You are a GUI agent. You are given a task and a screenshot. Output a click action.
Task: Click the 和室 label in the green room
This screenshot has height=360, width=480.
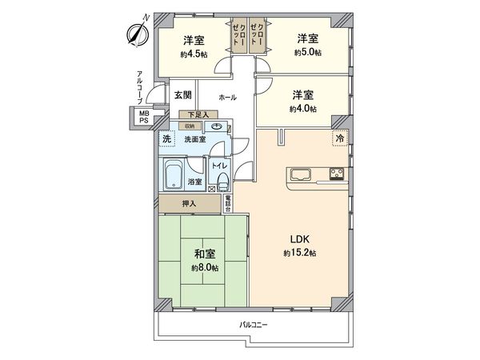(203, 254)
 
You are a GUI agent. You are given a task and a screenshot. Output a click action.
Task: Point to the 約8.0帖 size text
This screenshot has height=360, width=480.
(203, 268)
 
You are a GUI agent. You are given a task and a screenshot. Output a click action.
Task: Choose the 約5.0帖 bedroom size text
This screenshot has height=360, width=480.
(309, 53)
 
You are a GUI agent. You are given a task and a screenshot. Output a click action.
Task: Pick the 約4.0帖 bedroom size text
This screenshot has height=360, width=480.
(303, 108)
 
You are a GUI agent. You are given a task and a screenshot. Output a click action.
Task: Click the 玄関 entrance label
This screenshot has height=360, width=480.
(182, 94)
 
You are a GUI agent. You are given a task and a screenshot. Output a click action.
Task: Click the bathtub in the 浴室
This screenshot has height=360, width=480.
(175, 173)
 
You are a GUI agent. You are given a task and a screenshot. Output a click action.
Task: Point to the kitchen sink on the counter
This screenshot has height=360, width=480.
(302, 174)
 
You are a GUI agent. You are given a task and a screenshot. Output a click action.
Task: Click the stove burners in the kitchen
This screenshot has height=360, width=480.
(336, 174)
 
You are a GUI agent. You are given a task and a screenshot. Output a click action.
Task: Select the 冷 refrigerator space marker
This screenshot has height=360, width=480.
(341, 138)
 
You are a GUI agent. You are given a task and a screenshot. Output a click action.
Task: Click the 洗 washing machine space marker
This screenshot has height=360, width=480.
(167, 139)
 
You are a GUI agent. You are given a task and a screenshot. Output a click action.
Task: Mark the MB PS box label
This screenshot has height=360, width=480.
(144, 118)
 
